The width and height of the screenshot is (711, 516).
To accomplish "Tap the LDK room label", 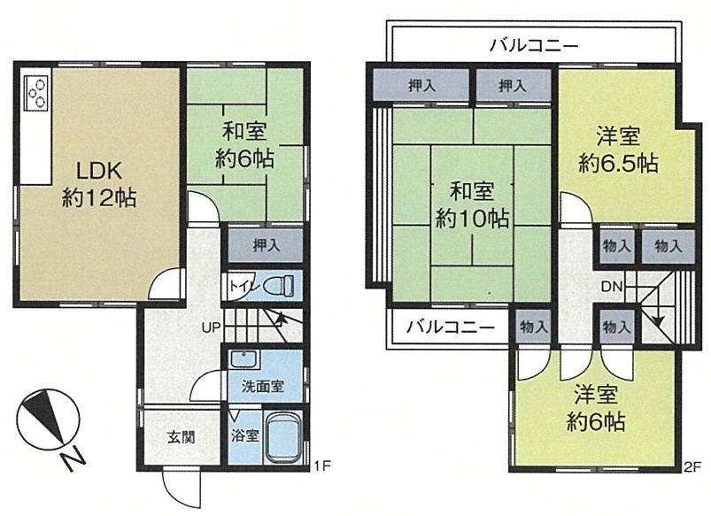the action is point(98,172).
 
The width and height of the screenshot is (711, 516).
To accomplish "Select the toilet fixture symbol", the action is point(278,286).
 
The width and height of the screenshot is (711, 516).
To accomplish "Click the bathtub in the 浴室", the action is point(283,436).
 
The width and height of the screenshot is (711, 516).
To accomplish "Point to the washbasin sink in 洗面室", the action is point(244,360).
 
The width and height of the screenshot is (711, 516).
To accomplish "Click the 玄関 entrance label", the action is point(182,437).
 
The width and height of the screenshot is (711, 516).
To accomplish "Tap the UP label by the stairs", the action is point(211,327).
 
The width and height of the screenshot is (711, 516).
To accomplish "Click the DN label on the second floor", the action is point(612,287).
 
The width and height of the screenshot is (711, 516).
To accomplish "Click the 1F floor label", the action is point(323,466).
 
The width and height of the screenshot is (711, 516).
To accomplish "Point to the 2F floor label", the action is point(692,466).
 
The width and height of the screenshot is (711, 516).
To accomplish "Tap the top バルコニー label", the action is point(535,45).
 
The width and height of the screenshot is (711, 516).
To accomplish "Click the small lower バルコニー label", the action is point(451,327).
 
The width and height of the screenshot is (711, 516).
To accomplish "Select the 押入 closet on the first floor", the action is point(266,245).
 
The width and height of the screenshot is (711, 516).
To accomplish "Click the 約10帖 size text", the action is point(472,219).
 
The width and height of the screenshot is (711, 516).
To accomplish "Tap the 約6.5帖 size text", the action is point(619,163).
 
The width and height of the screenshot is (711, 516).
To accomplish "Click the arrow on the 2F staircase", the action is point(658,320).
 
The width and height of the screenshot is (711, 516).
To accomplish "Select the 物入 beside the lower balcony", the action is point(533,327).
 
